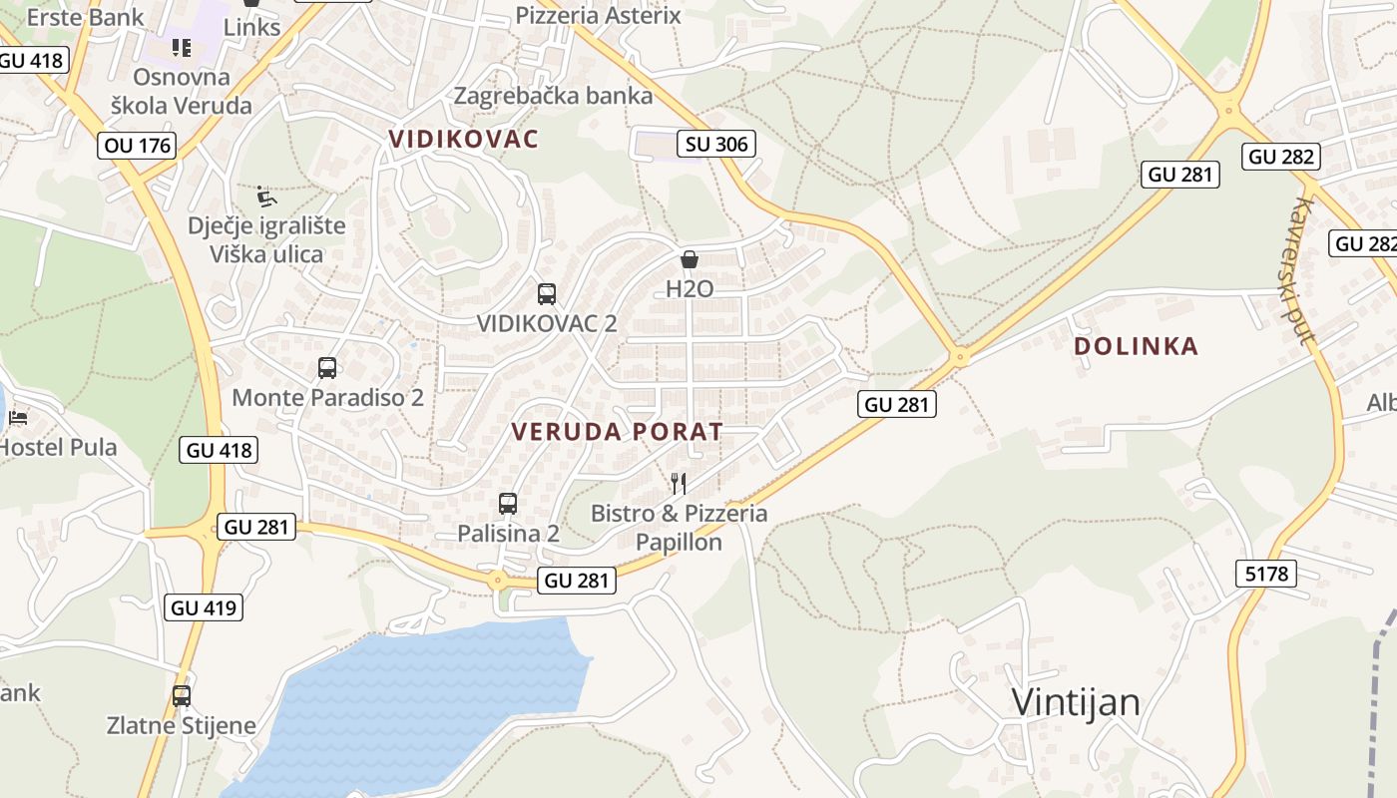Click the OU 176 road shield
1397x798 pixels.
pyautogui.click(x=139, y=146)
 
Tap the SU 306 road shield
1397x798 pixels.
pyautogui.click(x=716, y=144)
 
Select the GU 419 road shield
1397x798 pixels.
pyautogui.click(x=207, y=606)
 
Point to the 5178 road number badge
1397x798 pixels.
pyautogui.click(x=1267, y=574)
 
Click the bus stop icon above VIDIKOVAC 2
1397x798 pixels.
pyautogui.click(x=546, y=294)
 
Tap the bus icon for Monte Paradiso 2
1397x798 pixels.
pyautogui.click(x=327, y=368)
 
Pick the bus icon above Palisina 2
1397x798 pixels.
pyautogui.click(x=508, y=504)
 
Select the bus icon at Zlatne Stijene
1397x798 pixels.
pyautogui.click(x=181, y=696)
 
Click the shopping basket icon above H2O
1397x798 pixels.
pyautogui.click(x=690, y=260)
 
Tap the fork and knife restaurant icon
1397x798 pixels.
pyautogui.click(x=679, y=484)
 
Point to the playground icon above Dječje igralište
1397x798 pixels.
pyautogui.click(x=265, y=196)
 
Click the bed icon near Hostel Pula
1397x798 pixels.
pyautogui.click(x=17, y=418)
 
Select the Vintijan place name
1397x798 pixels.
pyautogui.click(x=1076, y=701)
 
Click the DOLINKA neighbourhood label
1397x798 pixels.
pyautogui.click(x=1136, y=346)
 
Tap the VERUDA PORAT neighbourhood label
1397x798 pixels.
pyautogui.click(x=617, y=432)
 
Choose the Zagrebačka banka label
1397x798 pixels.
pyautogui.click(x=553, y=96)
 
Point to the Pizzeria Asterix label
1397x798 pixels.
pyautogui.click(x=598, y=15)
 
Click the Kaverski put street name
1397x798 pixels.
pyautogui.click(x=1301, y=269)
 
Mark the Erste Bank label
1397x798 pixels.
pyautogui.click(x=85, y=17)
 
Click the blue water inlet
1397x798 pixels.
pyautogui.click(x=419, y=698)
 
